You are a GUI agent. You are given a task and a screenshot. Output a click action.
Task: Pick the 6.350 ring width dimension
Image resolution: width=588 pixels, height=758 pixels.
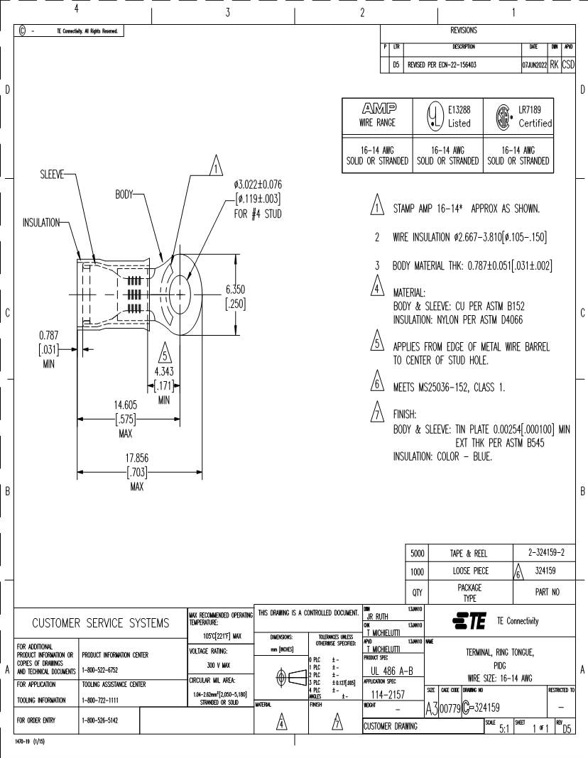235,289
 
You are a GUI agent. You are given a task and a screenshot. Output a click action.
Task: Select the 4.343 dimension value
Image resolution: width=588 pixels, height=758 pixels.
165,370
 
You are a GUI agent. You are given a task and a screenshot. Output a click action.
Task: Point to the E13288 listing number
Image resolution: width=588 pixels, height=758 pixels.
459,110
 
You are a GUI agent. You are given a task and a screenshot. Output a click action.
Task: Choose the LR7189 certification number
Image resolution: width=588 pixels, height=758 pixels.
535,110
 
